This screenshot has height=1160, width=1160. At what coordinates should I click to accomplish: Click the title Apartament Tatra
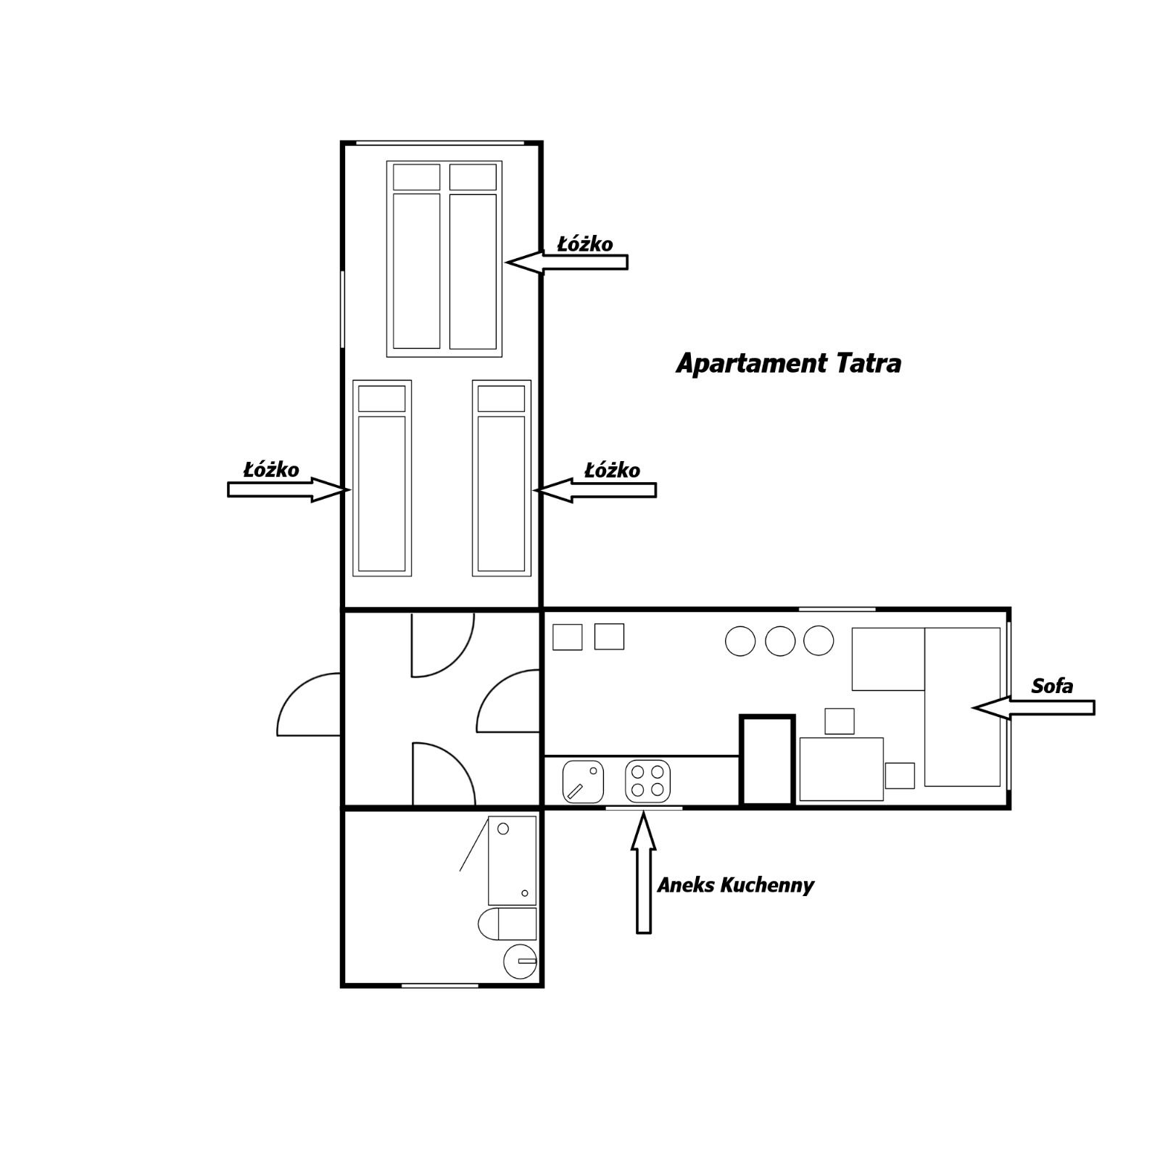[788, 364]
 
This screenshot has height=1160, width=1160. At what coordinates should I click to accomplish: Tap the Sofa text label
[1052, 686]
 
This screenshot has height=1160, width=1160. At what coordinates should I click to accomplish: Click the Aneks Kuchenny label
[735, 885]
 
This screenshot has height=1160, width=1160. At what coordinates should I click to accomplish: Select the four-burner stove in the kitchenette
[647, 781]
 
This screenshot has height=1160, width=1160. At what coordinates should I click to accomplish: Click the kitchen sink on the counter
[583, 782]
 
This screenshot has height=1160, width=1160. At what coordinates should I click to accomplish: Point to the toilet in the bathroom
[507, 924]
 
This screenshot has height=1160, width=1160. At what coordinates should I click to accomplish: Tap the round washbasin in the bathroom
[520, 961]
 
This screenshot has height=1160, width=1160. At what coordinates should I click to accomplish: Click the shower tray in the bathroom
[512, 860]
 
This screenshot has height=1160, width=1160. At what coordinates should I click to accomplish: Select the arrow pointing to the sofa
[1033, 707]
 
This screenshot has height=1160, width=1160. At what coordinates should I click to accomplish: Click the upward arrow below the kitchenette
[643, 872]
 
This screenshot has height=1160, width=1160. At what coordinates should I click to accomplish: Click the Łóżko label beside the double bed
[584, 244]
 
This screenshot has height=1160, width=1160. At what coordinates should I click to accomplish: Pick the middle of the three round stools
[780, 641]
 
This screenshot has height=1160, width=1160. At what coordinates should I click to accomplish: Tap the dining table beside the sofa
[841, 769]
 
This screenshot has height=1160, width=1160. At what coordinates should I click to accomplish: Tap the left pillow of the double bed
[416, 177]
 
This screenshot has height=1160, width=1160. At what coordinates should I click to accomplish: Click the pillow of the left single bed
[381, 399]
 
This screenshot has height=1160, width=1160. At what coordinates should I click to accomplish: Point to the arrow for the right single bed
[594, 491]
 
